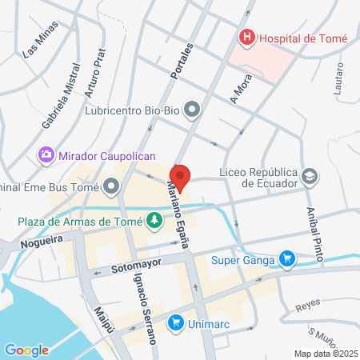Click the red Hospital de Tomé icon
pyautogui.click(x=246, y=37)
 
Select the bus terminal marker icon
pyautogui.click(x=111, y=187)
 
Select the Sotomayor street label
pyautogui.click(x=137, y=262)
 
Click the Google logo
pyautogui.click(x=26, y=350)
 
